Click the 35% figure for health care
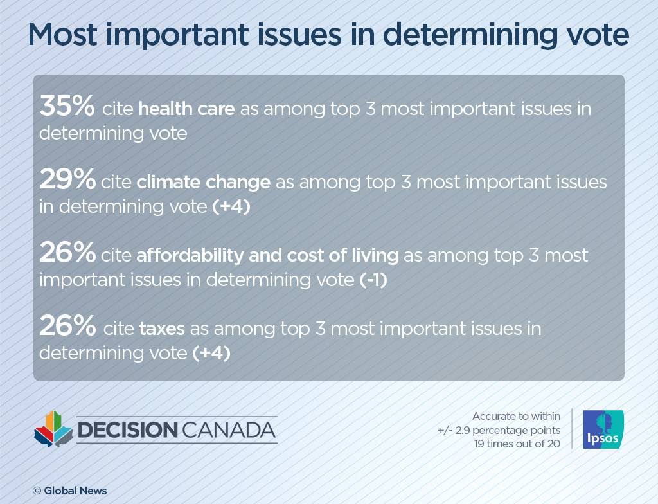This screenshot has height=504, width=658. pos(67,107)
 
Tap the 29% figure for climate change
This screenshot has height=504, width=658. pos(67,180)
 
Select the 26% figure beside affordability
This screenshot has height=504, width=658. pos(67,254)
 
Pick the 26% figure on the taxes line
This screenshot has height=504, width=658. pos(67,327)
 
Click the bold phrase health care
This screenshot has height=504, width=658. pos(186,109)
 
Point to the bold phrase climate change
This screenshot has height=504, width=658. pos(203,182)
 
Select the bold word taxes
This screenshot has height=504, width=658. pos(162,329)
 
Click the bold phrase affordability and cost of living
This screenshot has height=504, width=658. pos(267,255)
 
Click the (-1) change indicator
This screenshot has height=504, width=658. pos(373,280)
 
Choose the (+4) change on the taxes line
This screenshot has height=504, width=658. pos(211,354)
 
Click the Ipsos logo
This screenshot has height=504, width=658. pos(603,429)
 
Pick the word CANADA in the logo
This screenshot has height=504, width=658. pos(228,430)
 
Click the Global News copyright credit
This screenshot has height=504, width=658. pos(70,491)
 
